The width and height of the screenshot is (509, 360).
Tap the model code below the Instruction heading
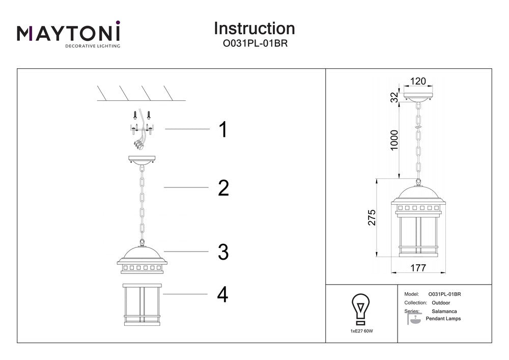254,44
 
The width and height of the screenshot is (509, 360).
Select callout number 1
222,130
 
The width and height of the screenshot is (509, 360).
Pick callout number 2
223,188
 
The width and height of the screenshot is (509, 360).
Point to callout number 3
223,252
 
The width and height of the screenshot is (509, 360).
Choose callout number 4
222,295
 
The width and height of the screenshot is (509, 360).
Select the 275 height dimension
372,217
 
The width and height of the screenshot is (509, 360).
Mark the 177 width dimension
417,268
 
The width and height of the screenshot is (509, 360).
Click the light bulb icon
361,309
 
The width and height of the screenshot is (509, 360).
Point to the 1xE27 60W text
361,331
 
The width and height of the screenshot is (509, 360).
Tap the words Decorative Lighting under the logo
92,46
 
